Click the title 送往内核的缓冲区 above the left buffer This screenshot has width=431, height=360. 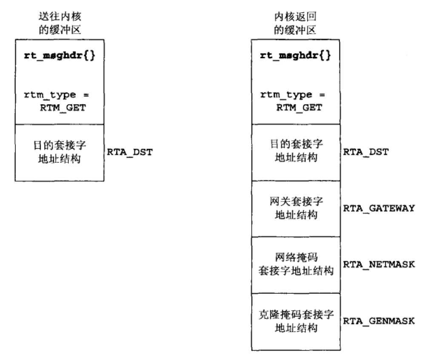(x=59, y=24)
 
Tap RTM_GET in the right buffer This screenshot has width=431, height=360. (x=299, y=107)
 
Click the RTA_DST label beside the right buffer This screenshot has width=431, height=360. (x=366, y=152)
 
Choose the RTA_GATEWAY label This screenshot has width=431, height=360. (x=379, y=208)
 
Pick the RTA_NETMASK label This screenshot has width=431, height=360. (x=379, y=264)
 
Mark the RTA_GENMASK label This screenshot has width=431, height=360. (x=379, y=320)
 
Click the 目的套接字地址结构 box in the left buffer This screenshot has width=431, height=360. (x=59, y=153)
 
